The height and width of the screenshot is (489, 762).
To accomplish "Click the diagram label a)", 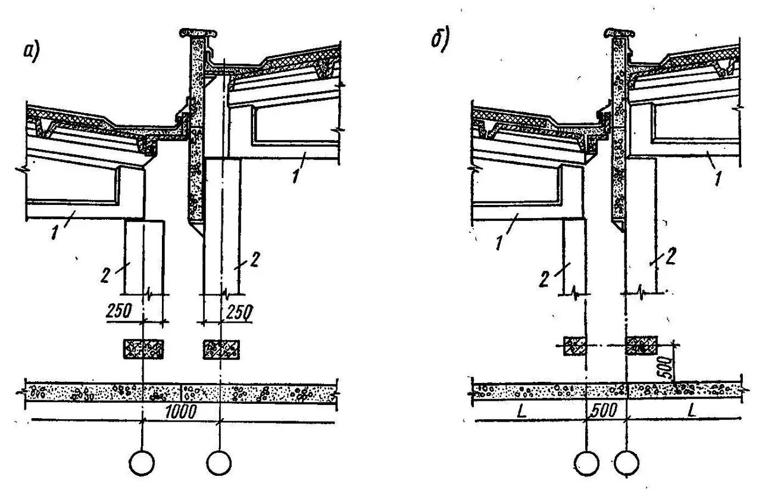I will click(x=32, y=53).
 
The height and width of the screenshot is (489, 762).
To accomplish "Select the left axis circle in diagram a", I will click(x=142, y=463).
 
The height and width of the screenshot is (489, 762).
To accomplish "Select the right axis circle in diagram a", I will click(x=220, y=463).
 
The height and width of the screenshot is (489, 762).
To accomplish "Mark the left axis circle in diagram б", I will click(x=587, y=463).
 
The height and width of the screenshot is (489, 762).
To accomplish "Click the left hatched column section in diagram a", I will click(x=143, y=348).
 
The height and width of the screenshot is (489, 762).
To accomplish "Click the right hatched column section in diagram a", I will click(x=221, y=348).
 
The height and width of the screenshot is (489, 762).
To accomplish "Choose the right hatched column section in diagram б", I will click(x=641, y=345).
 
